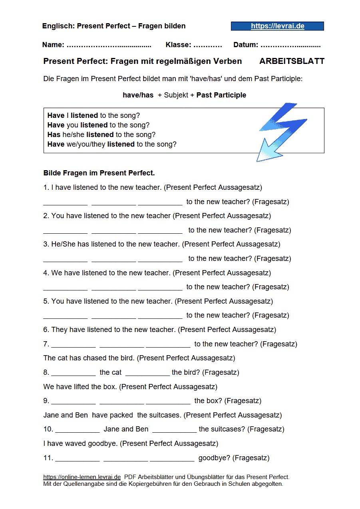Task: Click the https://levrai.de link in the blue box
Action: coord(277,26)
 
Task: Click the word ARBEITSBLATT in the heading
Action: coord(292,61)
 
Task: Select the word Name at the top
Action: coord(53,45)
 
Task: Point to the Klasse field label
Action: coord(178,45)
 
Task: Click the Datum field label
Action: coord(245,45)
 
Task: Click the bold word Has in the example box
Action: coord(54,135)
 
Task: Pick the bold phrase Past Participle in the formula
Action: coord(221,95)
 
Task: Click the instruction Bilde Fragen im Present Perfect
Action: coord(99,173)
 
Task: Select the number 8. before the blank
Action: coord(46,372)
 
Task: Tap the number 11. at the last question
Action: coord(48,458)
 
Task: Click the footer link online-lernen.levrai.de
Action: coord(82,477)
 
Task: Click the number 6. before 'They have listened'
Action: coord(46,330)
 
